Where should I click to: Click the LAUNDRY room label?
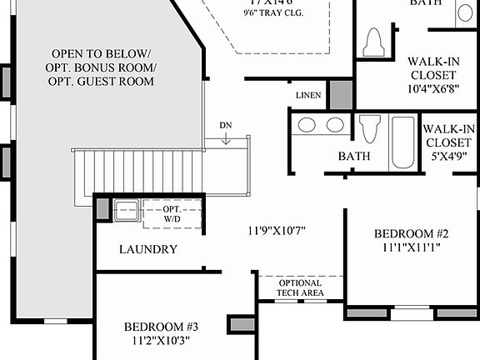click(x=147, y=249)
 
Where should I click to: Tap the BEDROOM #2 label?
click(x=411, y=232)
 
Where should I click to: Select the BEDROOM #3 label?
click(x=162, y=326)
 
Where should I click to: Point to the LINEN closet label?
click(x=307, y=95)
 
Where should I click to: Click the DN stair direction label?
click(x=226, y=125)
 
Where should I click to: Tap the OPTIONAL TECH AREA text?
click(x=300, y=287)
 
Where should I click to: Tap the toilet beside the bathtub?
click(x=369, y=131)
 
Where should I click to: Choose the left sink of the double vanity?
click(x=306, y=126)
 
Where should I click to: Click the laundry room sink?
click(x=127, y=209)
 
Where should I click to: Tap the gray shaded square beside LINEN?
click(x=340, y=94)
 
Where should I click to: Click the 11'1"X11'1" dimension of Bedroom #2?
click(x=412, y=247)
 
